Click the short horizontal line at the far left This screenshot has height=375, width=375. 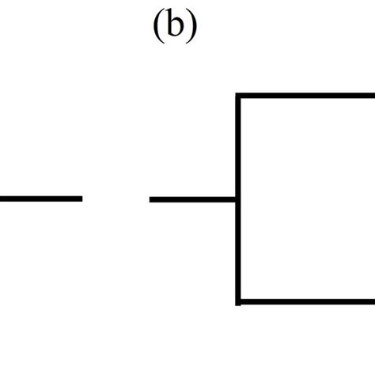coord(40,199)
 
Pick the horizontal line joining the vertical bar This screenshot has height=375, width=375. coord(193,199)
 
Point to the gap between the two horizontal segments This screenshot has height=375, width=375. coord(116,199)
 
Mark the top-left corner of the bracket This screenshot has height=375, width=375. coord(238,97)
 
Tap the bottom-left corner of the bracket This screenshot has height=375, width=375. coord(238,301)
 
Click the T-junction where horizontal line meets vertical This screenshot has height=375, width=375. coord(238,199)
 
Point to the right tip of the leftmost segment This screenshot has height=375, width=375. coord(81,199)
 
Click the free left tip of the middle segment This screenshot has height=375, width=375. coord(151,199)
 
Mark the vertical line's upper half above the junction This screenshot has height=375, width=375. coord(238,147)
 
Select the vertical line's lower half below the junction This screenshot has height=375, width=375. coord(238,251)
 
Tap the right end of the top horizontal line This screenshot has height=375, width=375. coord(373,97)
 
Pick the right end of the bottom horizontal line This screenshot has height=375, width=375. coord(373,301)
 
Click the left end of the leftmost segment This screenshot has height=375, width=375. coord(2,199)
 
